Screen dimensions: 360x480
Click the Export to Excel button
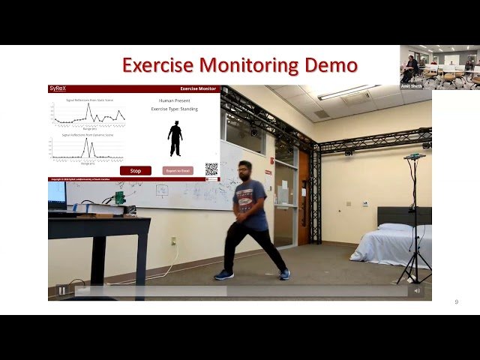[x=178, y=170]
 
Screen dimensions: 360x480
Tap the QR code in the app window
[x=211, y=169]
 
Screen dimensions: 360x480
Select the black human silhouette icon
[x=175, y=139]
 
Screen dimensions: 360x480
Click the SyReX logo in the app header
[x=58, y=88]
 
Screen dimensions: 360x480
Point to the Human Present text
[x=175, y=100]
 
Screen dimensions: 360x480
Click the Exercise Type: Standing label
[x=175, y=109]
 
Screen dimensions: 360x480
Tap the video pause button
[x=61, y=291]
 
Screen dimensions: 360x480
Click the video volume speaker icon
[x=417, y=291]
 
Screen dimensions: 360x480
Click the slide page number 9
[x=456, y=301]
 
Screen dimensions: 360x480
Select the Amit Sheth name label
[x=411, y=86]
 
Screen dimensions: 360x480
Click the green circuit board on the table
[x=119, y=198]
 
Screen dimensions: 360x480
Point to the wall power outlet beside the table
[x=173, y=241]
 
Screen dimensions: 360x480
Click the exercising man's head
[x=244, y=170]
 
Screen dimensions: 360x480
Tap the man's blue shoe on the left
[x=223, y=274]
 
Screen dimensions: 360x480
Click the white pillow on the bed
[x=394, y=227]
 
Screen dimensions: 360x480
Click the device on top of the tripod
[x=414, y=157]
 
